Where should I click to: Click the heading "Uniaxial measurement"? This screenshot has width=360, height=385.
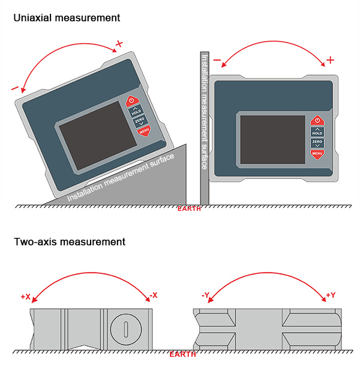(x=67, y=18)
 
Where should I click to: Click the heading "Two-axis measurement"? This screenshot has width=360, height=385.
(x=70, y=242)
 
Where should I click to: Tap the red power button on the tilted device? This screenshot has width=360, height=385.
(x=133, y=102)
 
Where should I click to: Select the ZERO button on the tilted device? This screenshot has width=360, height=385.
(x=139, y=121)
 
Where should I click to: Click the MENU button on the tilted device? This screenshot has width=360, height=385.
(x=143, y=130)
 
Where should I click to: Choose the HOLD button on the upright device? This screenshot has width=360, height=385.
(x=317, y=132)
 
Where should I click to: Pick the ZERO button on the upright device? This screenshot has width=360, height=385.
(x=317, y=143)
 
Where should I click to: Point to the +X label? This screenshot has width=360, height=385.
(x=25, y=296)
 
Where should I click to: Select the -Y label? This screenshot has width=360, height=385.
(x=205, y=295)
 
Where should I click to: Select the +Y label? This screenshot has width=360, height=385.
(x=331, y=295)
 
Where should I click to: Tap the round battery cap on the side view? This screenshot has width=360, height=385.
(x=126, y=329)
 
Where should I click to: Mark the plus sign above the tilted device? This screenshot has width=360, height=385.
(x=119, y=44)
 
